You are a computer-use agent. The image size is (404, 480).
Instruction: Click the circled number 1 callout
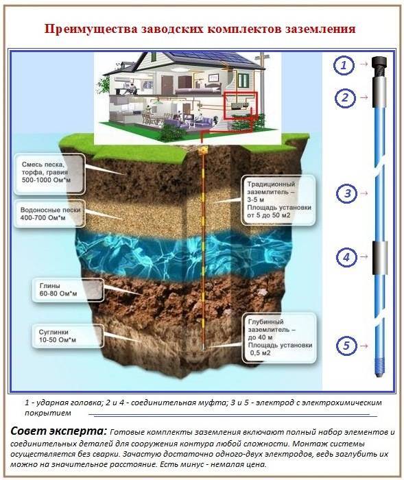344,65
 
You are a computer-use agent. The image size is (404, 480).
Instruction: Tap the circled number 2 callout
345,98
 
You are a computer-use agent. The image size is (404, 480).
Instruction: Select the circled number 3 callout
346,193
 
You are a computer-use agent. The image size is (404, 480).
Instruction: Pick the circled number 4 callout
346,257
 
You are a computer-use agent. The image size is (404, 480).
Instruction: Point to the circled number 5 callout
346,346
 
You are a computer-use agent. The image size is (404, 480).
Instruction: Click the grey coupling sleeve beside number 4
380,258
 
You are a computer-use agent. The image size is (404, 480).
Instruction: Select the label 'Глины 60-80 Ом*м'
68,290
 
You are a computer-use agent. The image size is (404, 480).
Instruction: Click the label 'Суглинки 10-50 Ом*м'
68,336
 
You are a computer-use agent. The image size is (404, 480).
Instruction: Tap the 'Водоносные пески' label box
49,214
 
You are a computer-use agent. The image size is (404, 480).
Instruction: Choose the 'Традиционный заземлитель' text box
278,200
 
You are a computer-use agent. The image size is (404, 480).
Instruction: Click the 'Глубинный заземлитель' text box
279,337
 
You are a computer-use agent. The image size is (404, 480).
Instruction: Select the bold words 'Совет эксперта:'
58,431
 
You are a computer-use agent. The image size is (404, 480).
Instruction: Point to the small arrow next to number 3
364,193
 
